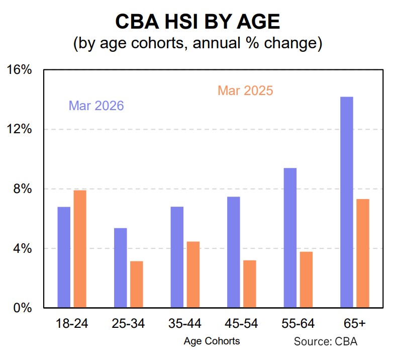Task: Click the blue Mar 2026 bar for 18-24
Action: (x=64, y=257)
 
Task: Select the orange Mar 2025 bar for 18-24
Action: (x=80, y=249)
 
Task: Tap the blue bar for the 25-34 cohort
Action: (x=120, y=267)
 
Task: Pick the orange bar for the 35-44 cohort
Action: (x=193, y=275)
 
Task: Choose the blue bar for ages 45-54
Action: (x=233, y=252)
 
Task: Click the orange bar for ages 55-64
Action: (x=306, y=280)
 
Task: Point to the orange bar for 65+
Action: (x=363, y=253)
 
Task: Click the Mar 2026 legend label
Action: (x=96, y=106)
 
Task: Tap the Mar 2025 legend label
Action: (x=245, y=91)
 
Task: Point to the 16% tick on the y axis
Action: (x=20, y=70)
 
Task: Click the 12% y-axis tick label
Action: (x=20, y=129)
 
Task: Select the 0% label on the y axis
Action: (x=23, y=308)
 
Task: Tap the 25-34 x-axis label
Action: (x=128, y=324)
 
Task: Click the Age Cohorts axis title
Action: (x=212, y=341)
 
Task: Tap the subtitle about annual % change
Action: (x=197, y=43)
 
